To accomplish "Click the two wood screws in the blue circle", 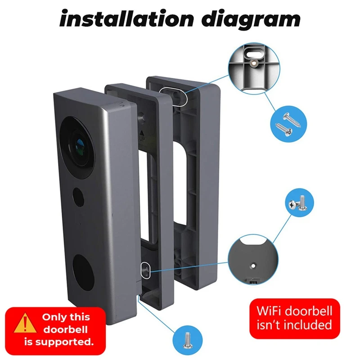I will click(x=284, y=122).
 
